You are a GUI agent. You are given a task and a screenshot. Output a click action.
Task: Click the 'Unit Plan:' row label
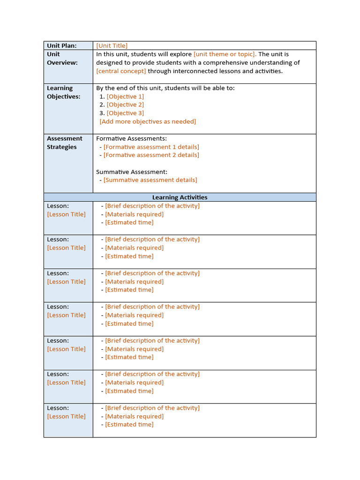61,45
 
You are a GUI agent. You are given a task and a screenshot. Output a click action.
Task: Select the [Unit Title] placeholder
112,45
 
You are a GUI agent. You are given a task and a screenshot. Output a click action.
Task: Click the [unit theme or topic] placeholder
225,54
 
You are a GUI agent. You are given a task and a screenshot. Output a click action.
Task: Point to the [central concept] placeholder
121,71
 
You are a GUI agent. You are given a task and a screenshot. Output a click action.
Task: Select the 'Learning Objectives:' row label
63,92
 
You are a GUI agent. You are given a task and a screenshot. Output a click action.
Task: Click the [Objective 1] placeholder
125,96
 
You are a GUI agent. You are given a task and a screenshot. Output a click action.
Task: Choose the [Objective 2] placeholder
125,105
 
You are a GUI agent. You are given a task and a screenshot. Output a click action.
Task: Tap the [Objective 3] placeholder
125,113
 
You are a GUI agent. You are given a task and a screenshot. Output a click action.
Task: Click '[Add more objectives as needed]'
148,121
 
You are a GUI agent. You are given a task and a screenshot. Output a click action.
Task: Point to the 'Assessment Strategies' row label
64,142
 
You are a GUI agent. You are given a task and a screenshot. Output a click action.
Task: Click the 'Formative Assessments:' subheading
131,138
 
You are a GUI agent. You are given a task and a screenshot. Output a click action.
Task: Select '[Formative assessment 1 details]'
151,147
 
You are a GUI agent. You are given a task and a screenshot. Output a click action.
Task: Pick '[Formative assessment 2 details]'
151,155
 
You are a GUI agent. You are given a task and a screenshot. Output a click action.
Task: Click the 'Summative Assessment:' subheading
131,172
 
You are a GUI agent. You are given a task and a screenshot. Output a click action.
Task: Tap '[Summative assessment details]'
150,180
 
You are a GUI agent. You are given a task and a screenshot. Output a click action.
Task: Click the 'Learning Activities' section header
180,197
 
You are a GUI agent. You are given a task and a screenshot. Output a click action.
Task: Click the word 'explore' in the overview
180,54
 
